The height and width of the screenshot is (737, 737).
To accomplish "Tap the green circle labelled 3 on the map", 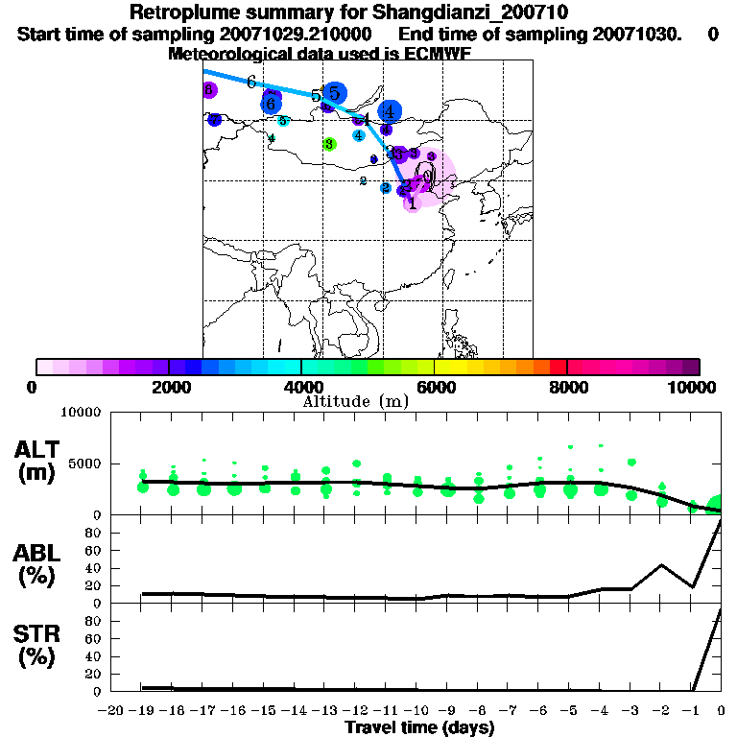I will point(329,144).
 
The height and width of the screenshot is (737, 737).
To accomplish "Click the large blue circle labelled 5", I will point(334,93).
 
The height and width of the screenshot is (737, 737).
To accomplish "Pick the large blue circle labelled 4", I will point(389,112).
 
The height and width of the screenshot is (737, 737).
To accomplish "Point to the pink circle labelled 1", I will point(412,202).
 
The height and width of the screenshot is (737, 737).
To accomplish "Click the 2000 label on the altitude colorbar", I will point(169,388).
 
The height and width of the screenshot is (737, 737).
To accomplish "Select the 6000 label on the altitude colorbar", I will point(435,388).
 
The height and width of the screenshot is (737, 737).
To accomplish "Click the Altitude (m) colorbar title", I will point(355,401).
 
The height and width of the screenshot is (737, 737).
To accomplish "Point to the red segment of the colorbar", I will point(558,367).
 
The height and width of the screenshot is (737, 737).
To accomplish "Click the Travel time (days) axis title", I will point(419,728).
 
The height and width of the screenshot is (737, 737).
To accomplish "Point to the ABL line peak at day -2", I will point(661,565).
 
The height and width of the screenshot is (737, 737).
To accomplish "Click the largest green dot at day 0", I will point(717,506).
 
